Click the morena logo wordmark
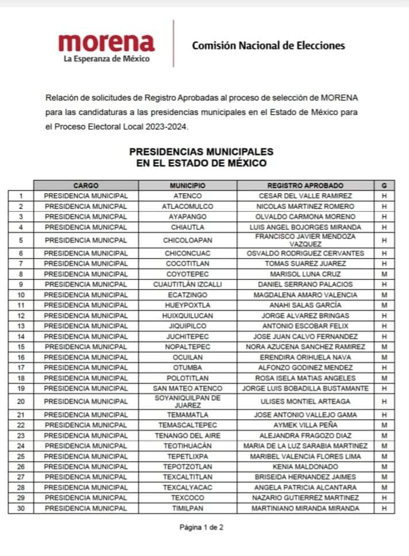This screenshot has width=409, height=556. click(x=106, y=43)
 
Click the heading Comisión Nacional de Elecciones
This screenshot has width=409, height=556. click(x=268, y=45)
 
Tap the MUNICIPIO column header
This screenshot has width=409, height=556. click(x=188, y=186)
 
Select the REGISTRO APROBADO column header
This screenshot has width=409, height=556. click(x=305, y=186)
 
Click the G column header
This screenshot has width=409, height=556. click(x=384, y=186)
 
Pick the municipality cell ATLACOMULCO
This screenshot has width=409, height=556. click(x=188, y=206)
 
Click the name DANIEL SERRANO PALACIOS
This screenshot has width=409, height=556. click(x=305, y=285)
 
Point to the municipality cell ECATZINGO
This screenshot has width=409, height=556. click(x=188, y=295)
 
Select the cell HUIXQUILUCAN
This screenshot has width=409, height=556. click(x=188, y=316)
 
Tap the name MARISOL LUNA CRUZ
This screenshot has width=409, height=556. click(x=305, y=274)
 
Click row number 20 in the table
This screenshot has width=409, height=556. click(x=21, y=401)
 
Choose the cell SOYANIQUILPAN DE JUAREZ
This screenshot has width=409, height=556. click(x=188, y=401)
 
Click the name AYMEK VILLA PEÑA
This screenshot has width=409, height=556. click(x=305, y=425)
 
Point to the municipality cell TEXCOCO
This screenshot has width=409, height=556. click(x=188, y=498)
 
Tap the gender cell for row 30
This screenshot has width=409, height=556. click(x=384, y=508)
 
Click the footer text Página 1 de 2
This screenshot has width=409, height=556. click(x=201, y=527)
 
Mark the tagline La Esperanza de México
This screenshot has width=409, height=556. click(x=106, y=59)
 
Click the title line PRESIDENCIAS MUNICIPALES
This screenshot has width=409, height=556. click(x=201, y=152)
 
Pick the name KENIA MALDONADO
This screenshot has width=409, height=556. click(x=305, y=467)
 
